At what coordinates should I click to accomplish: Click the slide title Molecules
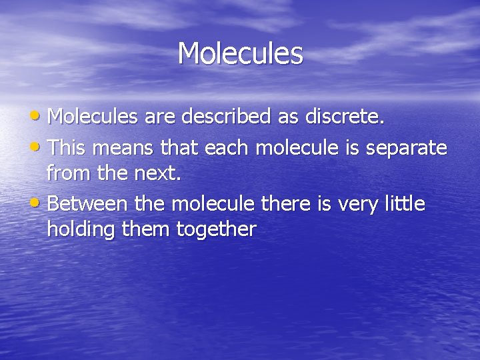[240, 53]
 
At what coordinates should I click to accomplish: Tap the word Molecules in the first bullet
[91, 117]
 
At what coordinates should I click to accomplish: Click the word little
[404, 203]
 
